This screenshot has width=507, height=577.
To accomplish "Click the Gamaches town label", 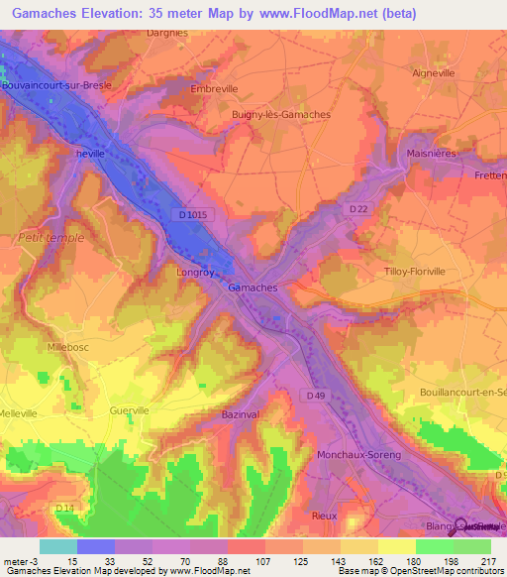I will (253, 287).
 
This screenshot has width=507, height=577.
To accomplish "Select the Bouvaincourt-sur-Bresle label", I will (56, 85).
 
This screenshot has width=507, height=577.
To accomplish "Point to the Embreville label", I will (215, 88).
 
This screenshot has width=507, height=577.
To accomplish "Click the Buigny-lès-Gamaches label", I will (280, 114).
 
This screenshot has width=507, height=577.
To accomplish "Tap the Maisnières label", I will (432, 153).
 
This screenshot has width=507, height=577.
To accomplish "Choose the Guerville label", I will (131, 408).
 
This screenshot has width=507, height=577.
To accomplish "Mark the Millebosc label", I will (69, 348).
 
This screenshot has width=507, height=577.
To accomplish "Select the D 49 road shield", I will (316, 397).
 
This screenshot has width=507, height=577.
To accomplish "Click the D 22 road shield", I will (357, 207).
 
